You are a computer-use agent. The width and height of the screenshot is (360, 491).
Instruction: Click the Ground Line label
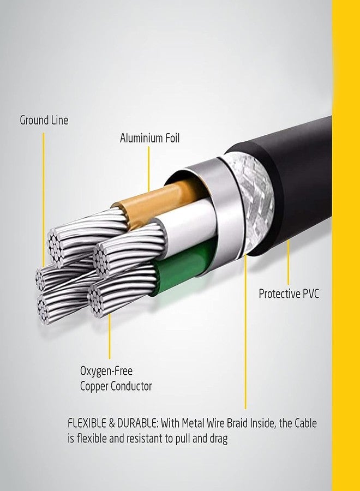(44, 120)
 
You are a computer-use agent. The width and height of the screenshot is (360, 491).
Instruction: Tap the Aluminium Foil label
(149, 138)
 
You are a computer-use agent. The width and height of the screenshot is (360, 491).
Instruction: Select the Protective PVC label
(289, 294)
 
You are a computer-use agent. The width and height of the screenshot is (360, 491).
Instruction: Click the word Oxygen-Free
(106, 371)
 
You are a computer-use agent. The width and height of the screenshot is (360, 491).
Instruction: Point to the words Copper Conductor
(116, 386)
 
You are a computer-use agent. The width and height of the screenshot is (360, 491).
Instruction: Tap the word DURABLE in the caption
(138, 423)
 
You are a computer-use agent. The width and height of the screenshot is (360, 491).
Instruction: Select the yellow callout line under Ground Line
(44, 200)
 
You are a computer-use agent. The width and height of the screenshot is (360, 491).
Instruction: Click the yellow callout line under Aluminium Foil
(149, 169)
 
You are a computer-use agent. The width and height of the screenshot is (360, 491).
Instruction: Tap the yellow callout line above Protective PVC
(289, 262)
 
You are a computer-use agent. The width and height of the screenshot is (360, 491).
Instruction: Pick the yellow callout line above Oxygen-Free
(110, 336)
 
